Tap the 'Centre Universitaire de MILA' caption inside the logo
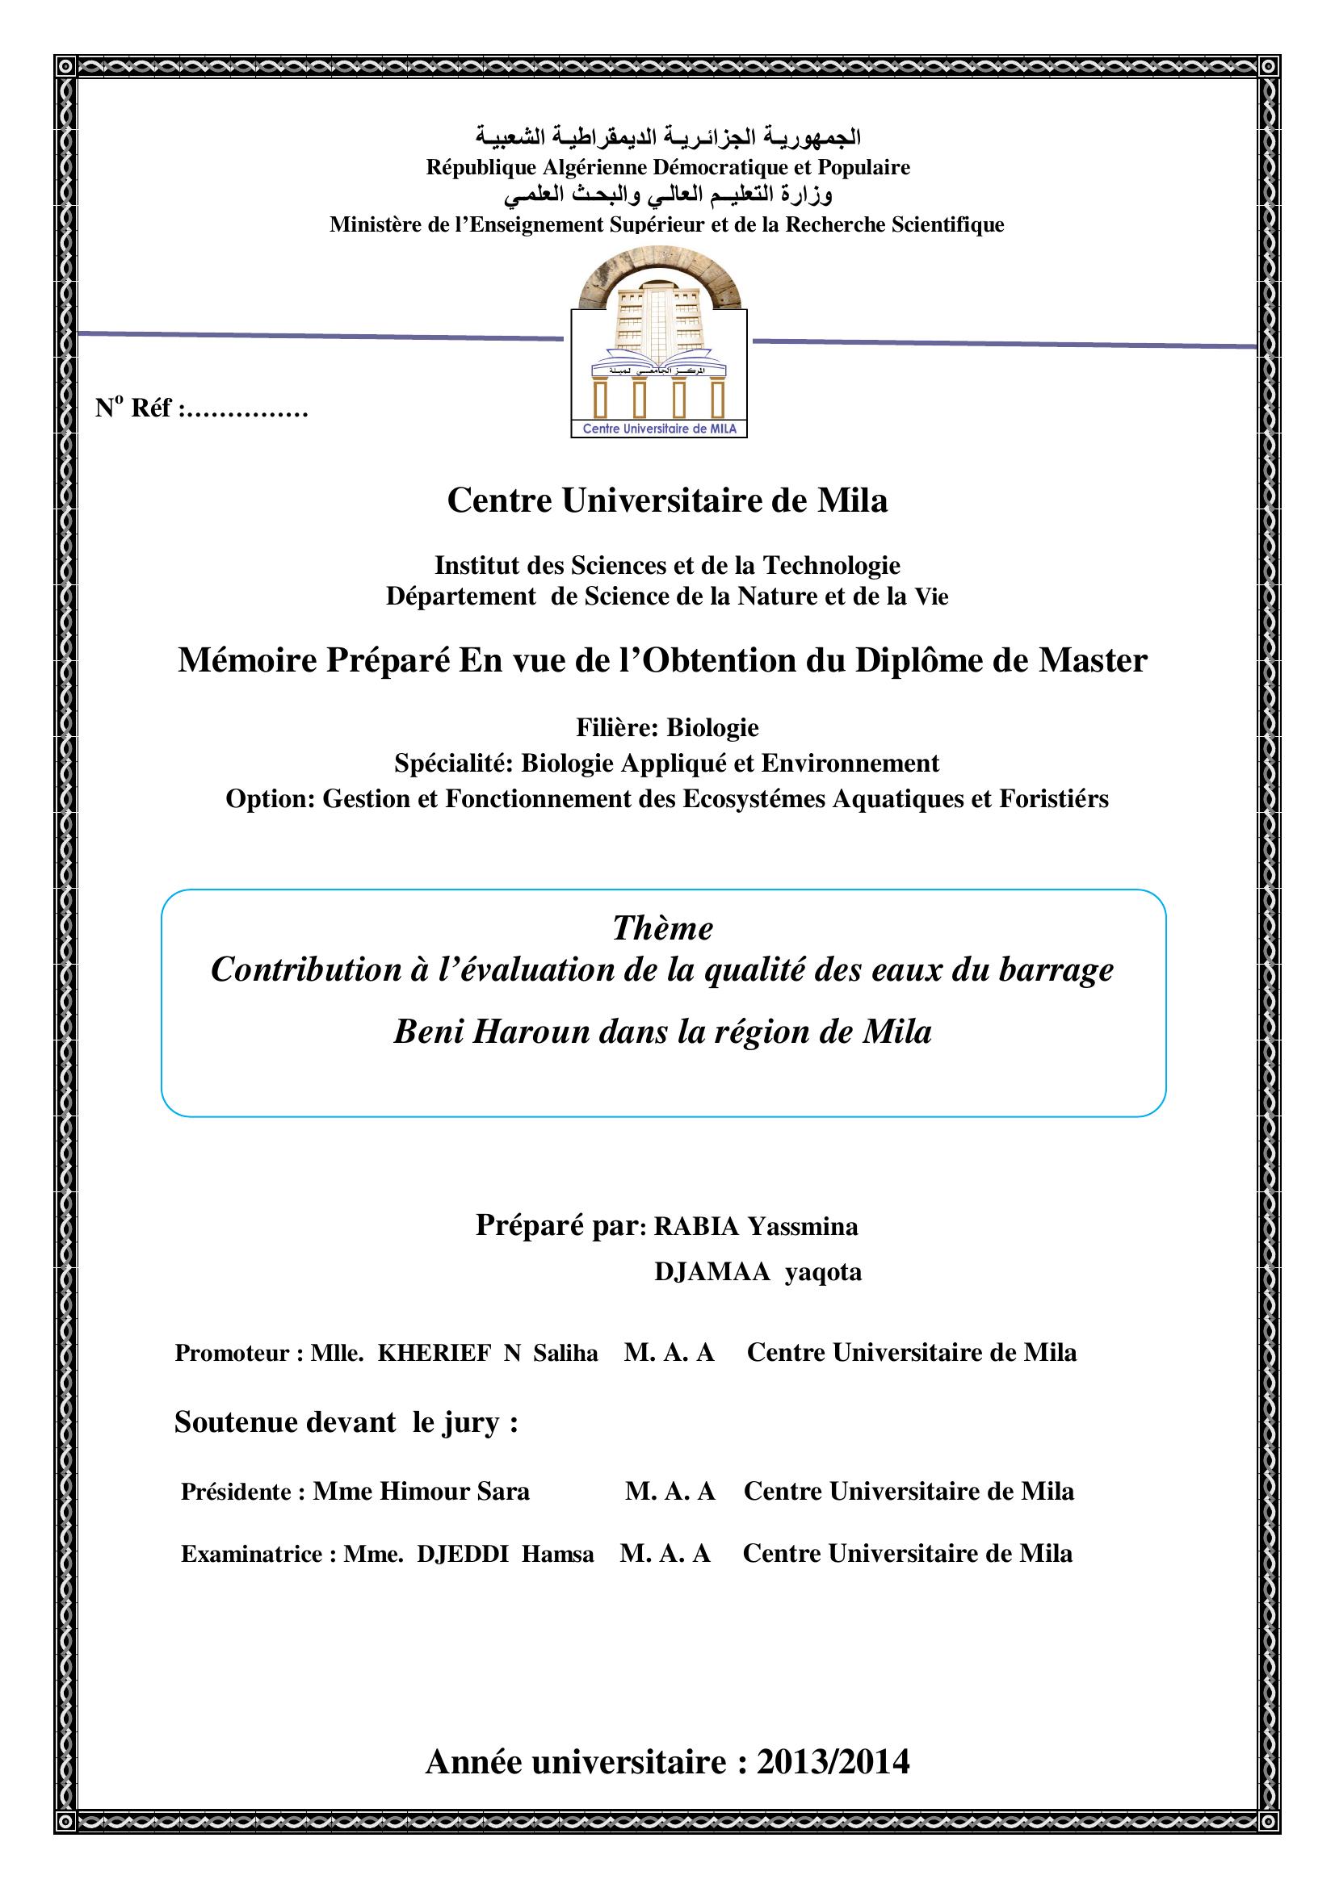(x=659, y=429)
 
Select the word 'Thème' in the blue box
(x=662, y=928)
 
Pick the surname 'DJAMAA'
(x=712, y=1272)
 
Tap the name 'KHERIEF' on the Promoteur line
(x=435, y=1354)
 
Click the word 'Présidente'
(x=236, y=1492)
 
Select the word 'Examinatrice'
(x=252, y=1554)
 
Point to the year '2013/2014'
(x=833, y=1762)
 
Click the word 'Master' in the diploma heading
(x=1093, y=660)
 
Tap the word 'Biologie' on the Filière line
(x=712, y=728)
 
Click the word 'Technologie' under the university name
(x=832, y=565)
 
